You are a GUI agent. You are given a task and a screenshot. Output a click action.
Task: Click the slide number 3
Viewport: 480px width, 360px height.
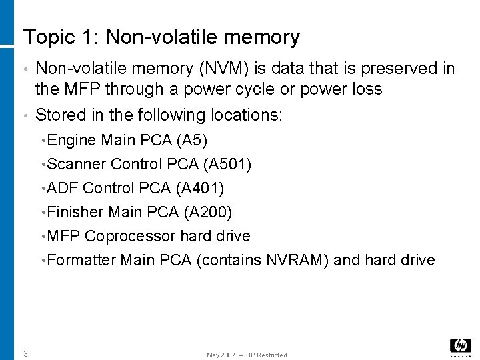click(25, 353)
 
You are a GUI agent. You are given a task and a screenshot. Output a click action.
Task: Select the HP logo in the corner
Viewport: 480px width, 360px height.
click(460, 345)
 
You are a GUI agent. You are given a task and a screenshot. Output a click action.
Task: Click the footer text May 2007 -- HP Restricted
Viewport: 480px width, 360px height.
click(247, 355)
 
